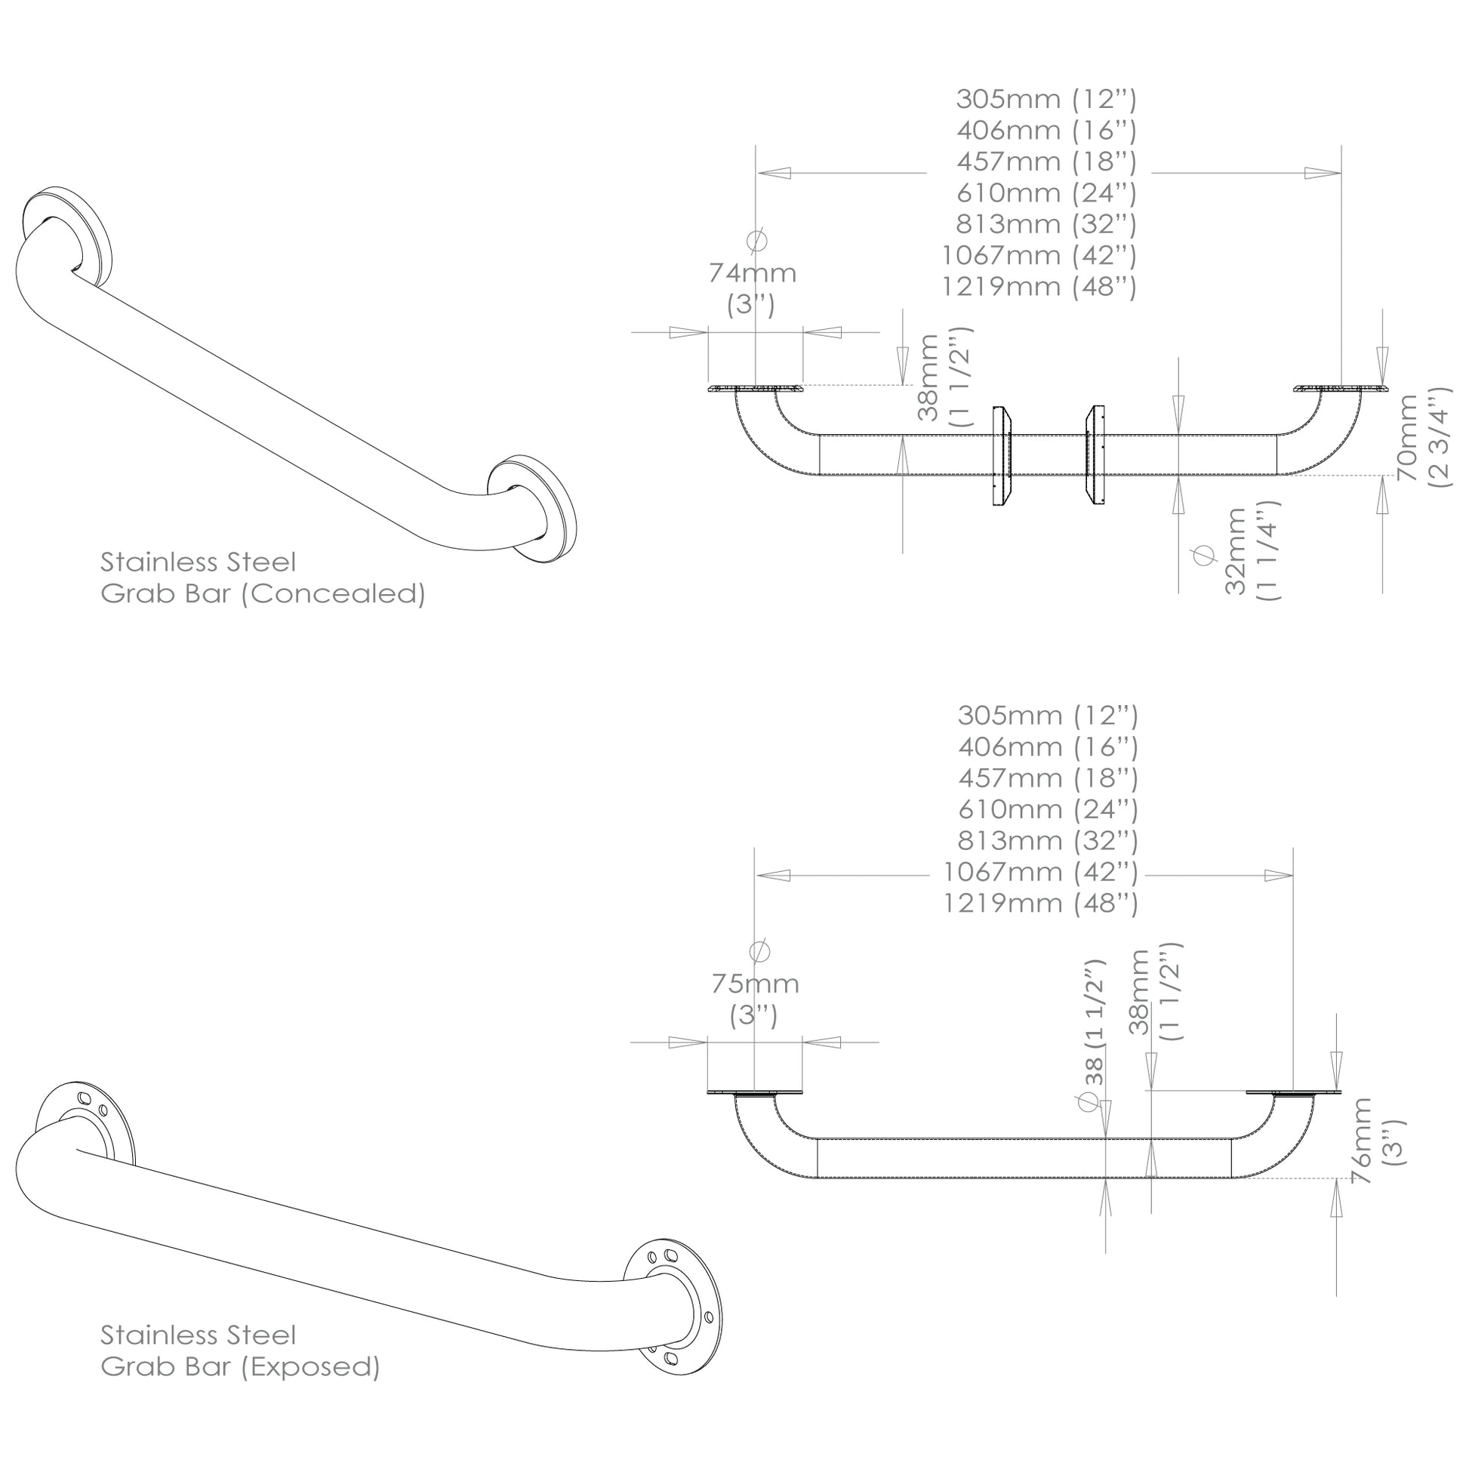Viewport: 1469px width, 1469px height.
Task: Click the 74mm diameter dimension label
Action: tap(753, 288)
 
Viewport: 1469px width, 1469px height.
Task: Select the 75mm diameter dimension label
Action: tap(755, 999)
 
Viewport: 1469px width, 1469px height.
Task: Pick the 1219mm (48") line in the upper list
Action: tap(1039, 287)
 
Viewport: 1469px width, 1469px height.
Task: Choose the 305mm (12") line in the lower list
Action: tap(1048, 716)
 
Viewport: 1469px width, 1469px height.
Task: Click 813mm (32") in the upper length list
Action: tap(1046, 224)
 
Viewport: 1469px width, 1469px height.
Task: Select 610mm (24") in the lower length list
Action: tap(1048, 809)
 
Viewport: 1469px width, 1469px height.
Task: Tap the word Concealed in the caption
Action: tap(333, 594)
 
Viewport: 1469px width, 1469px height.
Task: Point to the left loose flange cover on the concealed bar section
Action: tap(1001, 456)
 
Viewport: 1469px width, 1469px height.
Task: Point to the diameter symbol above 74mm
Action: tap(757, 240)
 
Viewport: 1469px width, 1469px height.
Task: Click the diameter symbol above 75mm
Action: tap(759, 951)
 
